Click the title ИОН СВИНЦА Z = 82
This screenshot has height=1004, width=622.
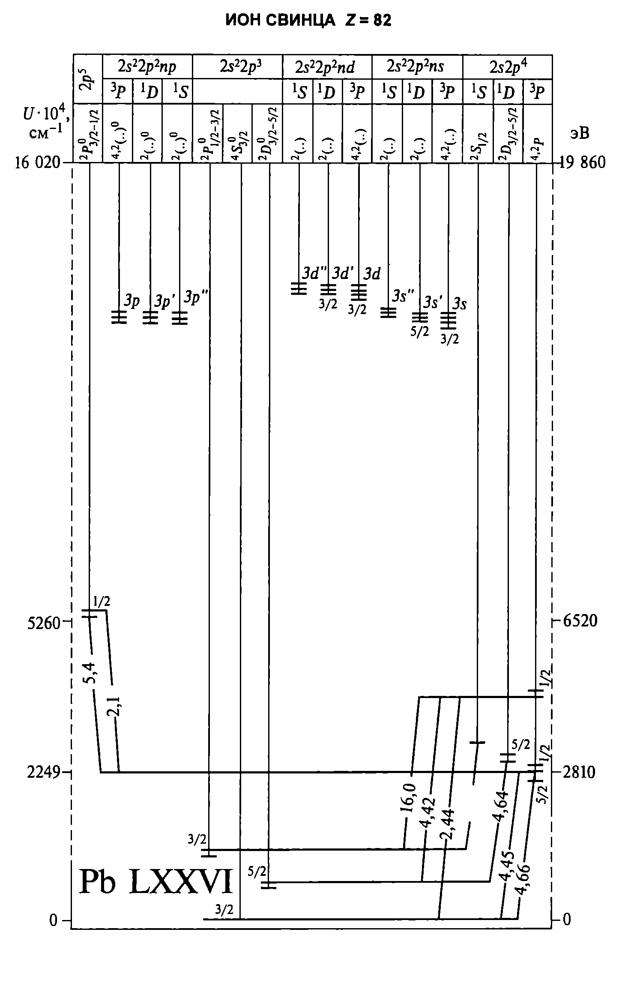(x=308, y=20)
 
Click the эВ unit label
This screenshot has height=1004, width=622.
(x=579, y=133)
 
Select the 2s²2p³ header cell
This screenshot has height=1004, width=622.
(x=238, y=67)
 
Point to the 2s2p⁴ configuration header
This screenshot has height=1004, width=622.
(x=508, y=67)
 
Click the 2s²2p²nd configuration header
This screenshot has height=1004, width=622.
(x=327, y=67)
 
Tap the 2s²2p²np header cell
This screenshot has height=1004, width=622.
(x=147, y=67)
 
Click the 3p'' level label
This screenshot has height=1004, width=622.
(x=195, y=298)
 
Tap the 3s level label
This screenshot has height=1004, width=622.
(x=459, y=305)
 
